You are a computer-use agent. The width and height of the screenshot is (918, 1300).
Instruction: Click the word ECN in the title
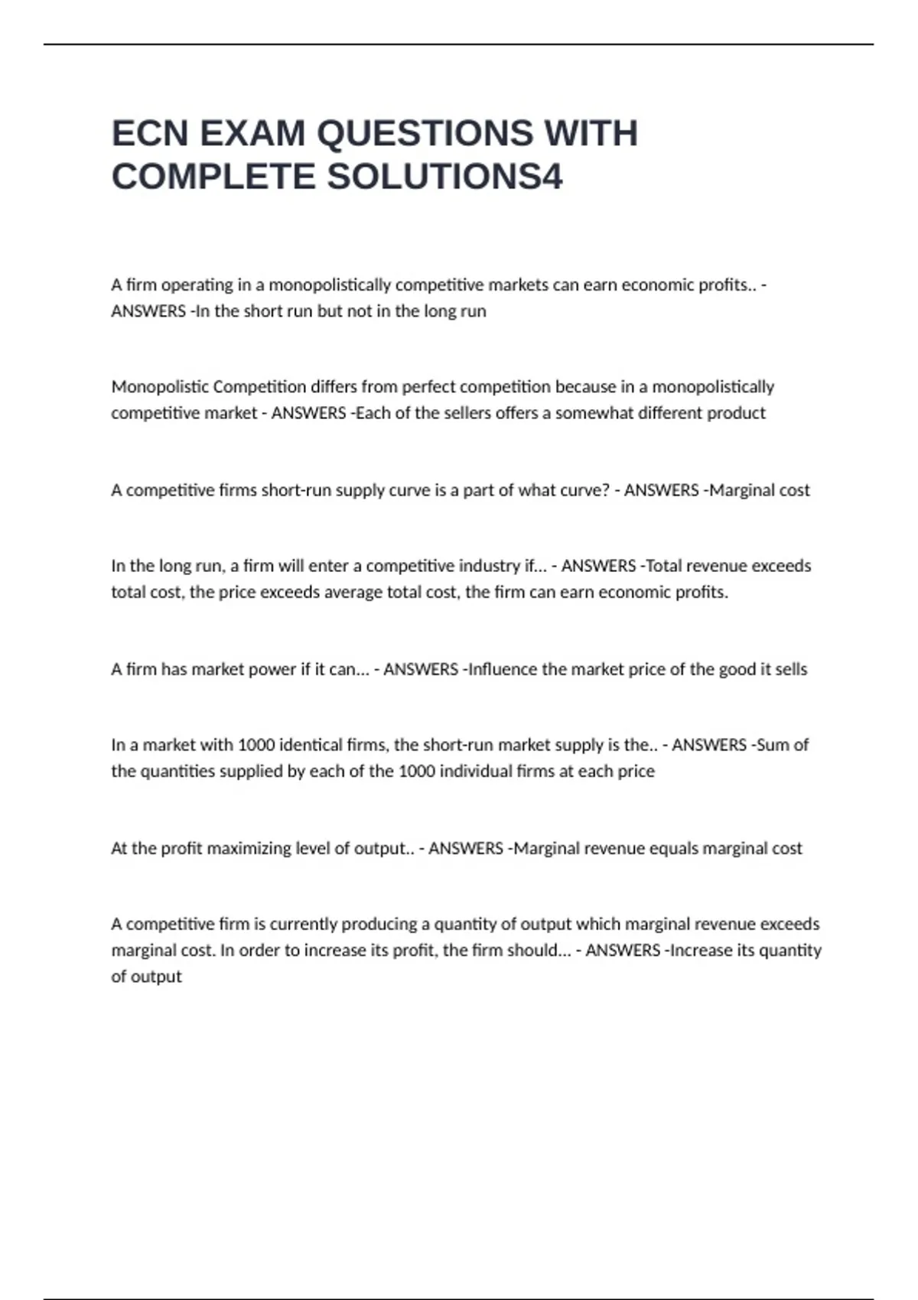[x=150, y=134]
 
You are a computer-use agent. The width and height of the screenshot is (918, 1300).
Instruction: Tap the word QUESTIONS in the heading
[x=424, y=134]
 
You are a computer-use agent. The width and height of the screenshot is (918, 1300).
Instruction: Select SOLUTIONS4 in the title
[x=445, y=177]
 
